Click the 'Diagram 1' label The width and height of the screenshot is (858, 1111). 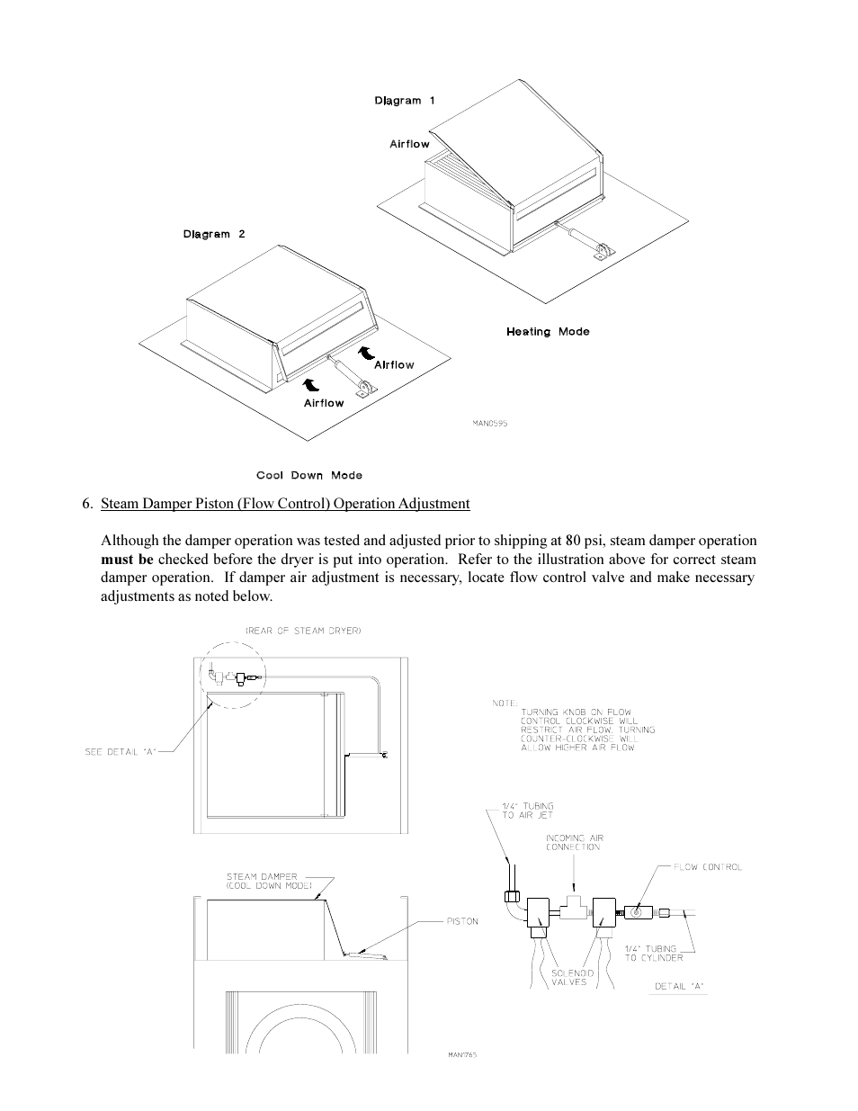[x=404, y=101]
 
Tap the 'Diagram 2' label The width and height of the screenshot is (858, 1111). [x=214, y=235]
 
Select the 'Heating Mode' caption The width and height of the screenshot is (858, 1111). [x=548, y=332]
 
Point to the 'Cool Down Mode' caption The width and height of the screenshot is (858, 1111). [x=309, y=476]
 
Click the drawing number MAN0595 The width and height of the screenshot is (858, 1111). [x=490, y=424]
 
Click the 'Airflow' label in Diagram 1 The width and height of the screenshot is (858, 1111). [x=409, y=144]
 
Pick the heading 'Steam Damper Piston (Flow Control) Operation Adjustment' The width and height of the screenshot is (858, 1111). [x=285, y=504]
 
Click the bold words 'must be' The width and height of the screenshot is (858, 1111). [x=127, y=560]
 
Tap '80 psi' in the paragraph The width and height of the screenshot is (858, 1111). [x=588, y=541]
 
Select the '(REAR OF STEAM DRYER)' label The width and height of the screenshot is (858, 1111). [x=303, y=631]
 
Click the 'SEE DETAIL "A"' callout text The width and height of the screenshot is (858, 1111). [x=121, y=752]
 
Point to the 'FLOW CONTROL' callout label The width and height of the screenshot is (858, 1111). [x=709, y=867]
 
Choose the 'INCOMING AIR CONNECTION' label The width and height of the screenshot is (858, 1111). [x=574, y=843]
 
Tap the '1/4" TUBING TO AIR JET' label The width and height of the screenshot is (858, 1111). [x=528, y=811]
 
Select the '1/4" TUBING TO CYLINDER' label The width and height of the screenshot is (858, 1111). [x=654, y=954]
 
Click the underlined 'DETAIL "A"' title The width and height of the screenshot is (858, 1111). [x=679, y=987]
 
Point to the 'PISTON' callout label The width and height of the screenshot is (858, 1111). [x=461, y=921]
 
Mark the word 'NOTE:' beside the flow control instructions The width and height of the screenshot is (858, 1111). [x=505, y=703]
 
